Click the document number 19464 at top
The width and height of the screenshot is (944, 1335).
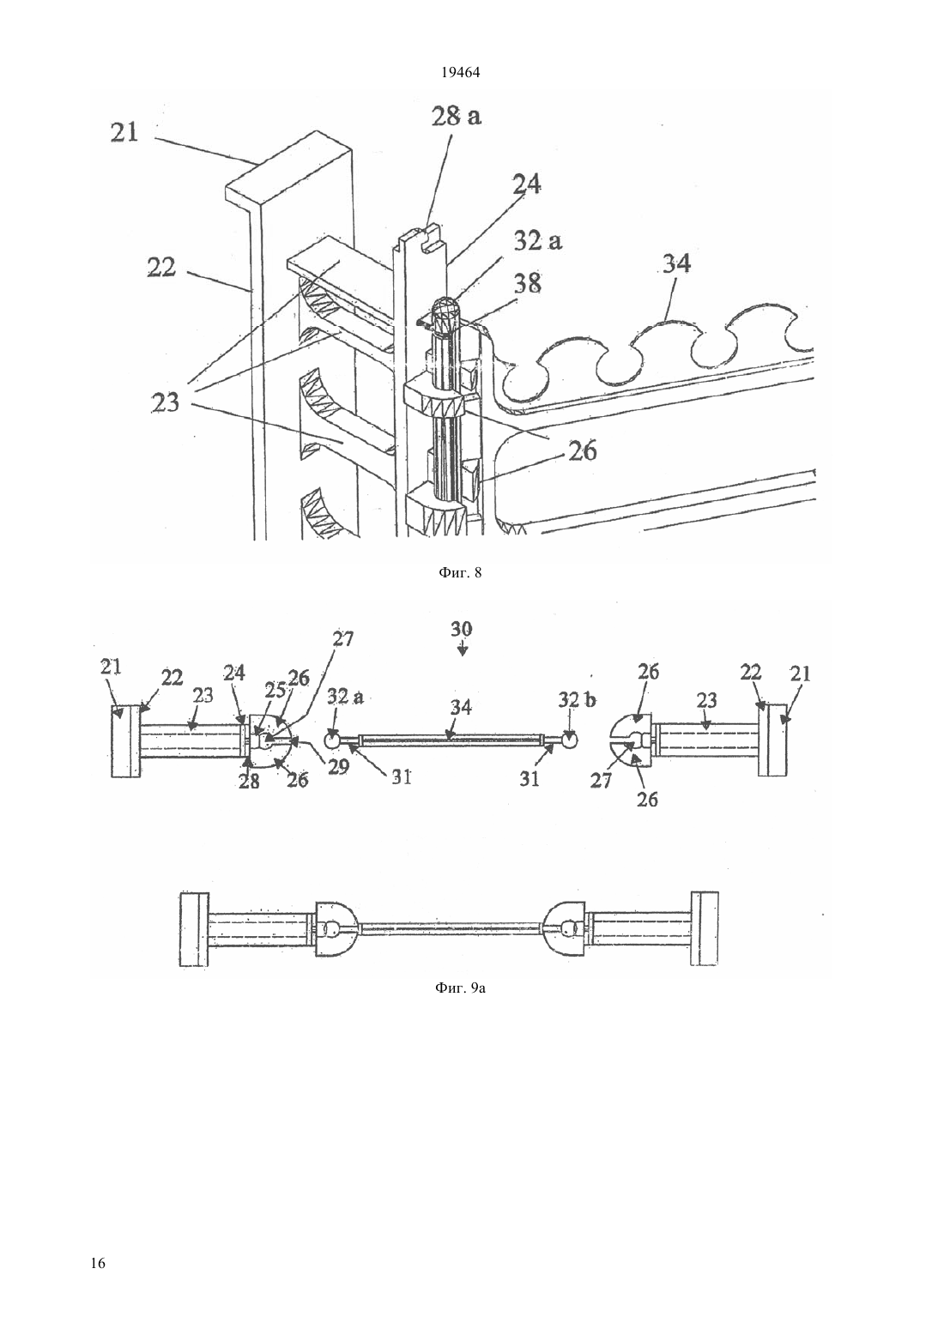click(461, 73)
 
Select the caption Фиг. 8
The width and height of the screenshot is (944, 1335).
click(460, 573)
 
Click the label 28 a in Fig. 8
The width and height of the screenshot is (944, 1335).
click(457, 116)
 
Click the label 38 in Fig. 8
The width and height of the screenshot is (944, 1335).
click(528, 283)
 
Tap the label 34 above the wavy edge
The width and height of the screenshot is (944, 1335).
click(676, 263)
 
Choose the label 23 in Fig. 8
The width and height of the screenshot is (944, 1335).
click(165, 402)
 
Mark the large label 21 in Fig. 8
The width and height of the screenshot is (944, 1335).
click(124, 132)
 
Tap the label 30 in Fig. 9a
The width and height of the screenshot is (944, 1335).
click(462, 629)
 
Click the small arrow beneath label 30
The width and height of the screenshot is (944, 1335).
click(463, 647)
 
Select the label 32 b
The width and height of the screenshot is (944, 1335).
click(577, 700)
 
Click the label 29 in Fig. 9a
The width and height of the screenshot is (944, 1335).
click(338, 767)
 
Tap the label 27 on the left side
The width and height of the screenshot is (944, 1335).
click(342, 639)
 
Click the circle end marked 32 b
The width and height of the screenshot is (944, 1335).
click(570, 740)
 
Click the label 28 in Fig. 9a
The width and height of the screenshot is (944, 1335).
click(249, 782)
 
